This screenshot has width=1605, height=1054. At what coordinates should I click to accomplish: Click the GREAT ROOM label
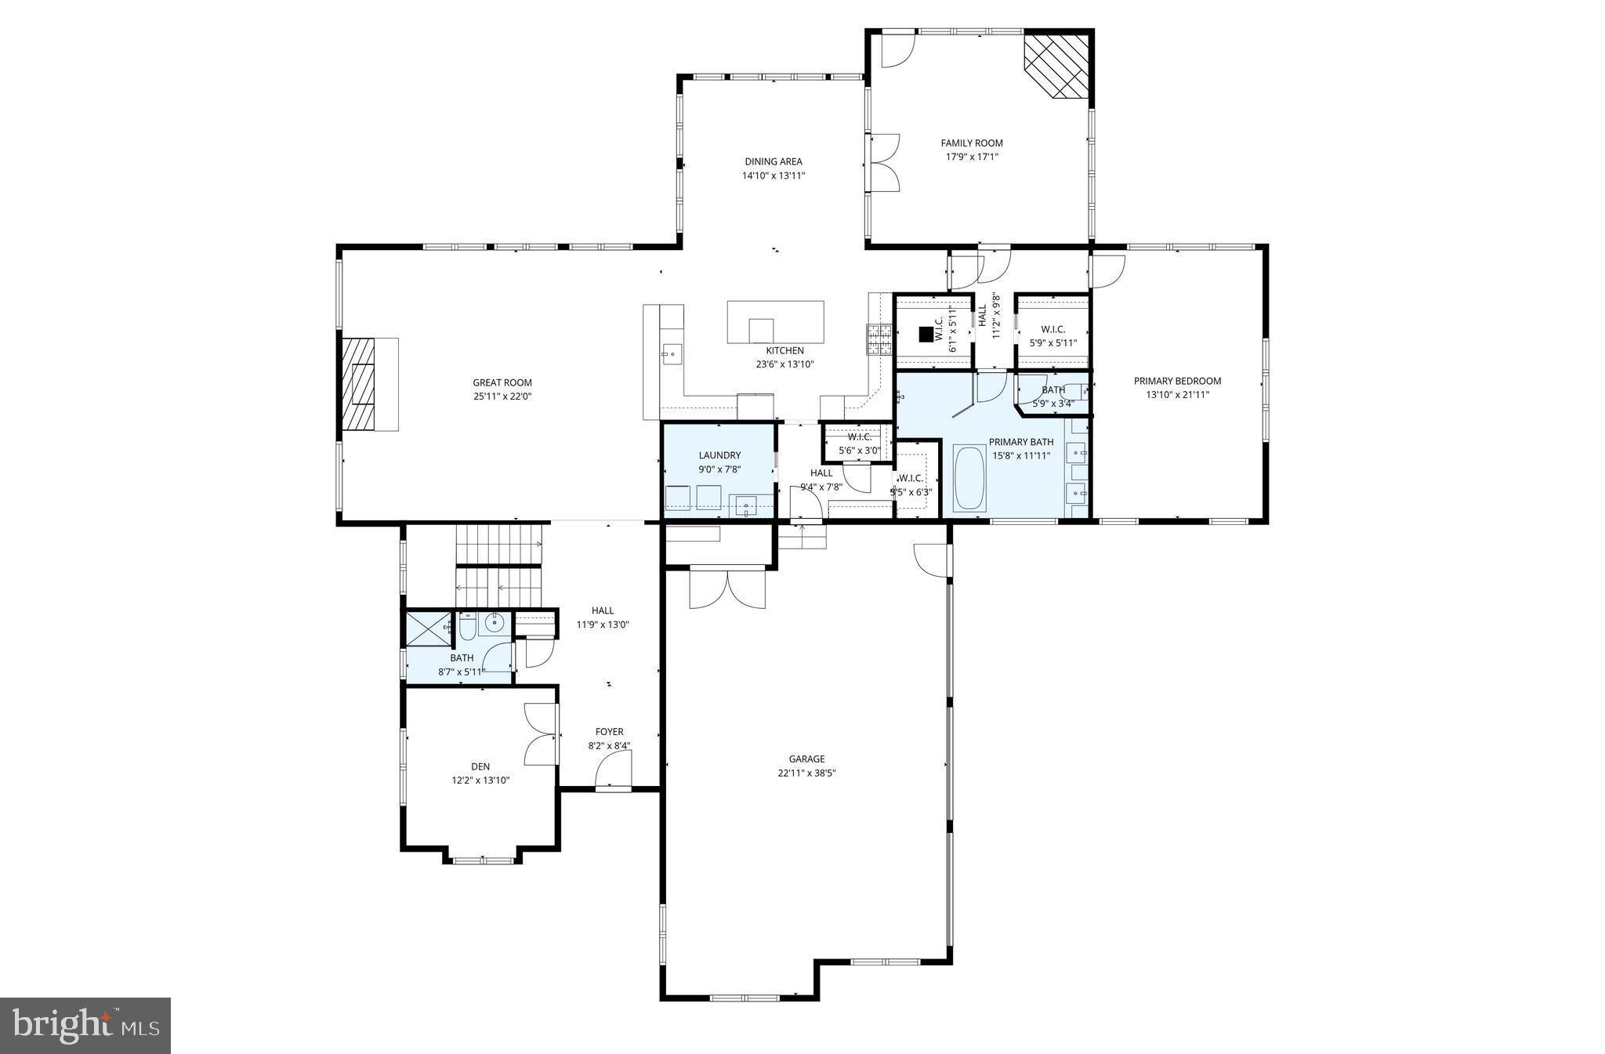[502, 382]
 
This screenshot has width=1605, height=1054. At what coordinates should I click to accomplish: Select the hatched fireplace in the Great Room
[360, 384]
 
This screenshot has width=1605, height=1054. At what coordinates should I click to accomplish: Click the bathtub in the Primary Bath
[969, 478]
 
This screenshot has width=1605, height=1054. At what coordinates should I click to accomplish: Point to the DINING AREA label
[773, 161]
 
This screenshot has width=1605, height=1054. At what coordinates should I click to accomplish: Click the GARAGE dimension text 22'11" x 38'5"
[806, 773]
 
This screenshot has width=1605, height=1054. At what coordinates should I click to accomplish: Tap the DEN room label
[480, 766]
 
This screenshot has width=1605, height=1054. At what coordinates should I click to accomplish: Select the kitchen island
[775, 321]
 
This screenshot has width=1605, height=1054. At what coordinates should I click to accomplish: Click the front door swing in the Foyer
[614, 774]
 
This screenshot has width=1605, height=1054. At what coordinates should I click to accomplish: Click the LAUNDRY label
[719, 455]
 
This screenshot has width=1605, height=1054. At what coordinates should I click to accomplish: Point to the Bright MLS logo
[85, 1026]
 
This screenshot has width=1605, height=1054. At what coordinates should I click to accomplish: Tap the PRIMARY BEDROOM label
[1177, 381]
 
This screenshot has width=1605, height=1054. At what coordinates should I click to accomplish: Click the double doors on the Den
[541, 734]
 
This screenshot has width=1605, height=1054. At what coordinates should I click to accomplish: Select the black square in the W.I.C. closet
[926, 334]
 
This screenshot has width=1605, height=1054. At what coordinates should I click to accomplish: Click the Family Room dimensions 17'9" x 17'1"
[972, 157]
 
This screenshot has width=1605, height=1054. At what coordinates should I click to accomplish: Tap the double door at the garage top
[727, 589]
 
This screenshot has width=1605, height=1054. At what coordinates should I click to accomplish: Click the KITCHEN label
[784, 350]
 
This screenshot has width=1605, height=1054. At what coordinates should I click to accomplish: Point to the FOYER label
[609, 732]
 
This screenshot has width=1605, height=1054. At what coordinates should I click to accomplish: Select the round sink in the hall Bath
[494, 624]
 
